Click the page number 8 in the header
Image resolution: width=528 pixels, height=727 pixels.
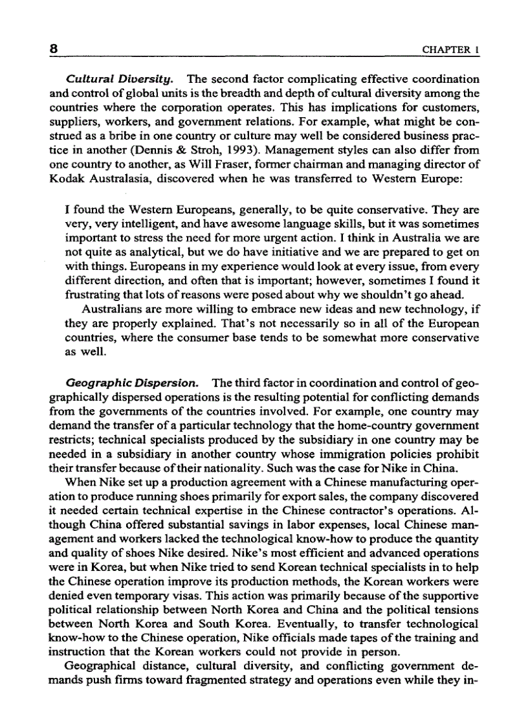pyautogui.click(x=54, y=49)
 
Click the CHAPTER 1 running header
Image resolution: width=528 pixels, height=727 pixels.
pyautogui.click(x=450, y=50)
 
